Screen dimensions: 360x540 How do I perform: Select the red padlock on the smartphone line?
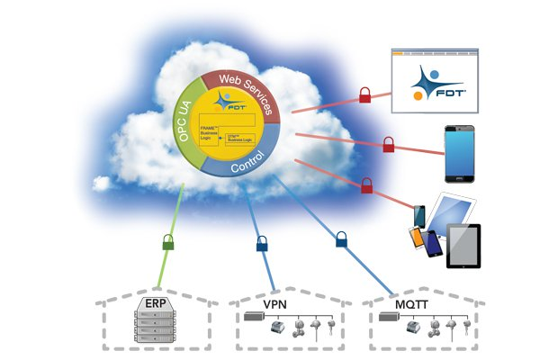point(389,144)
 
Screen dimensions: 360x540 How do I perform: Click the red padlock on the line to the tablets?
point(367,185)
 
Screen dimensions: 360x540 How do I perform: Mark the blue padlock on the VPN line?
point(262,242)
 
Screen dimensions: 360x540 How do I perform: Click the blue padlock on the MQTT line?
point(342,239)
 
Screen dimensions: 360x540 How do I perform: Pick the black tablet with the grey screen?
point(463,245)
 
